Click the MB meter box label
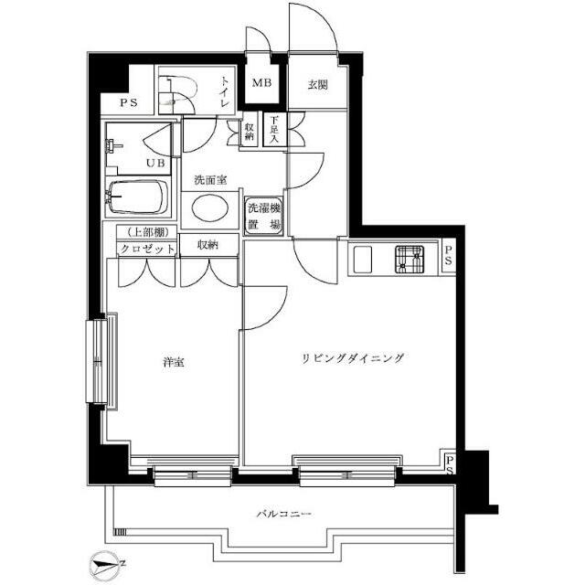point(261,83)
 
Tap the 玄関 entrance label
point(317,85)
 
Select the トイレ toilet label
point(224,91)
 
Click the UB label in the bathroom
point(155,163)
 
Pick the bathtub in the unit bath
point(137,197)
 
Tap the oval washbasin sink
point(210,209)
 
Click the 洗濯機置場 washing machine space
point(264,216)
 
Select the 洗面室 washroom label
point(210,180)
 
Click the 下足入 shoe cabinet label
point(274,130)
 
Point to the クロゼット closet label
point(147,249)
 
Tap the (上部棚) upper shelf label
point(146,232)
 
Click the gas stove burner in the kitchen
point(409,260)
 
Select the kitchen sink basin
point(363,260)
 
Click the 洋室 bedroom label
point(174,362)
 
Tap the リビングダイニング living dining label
point(352,358)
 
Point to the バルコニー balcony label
point(284,515)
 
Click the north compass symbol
point(105,564)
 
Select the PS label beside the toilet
point(129,102)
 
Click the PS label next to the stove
point(448,255)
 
